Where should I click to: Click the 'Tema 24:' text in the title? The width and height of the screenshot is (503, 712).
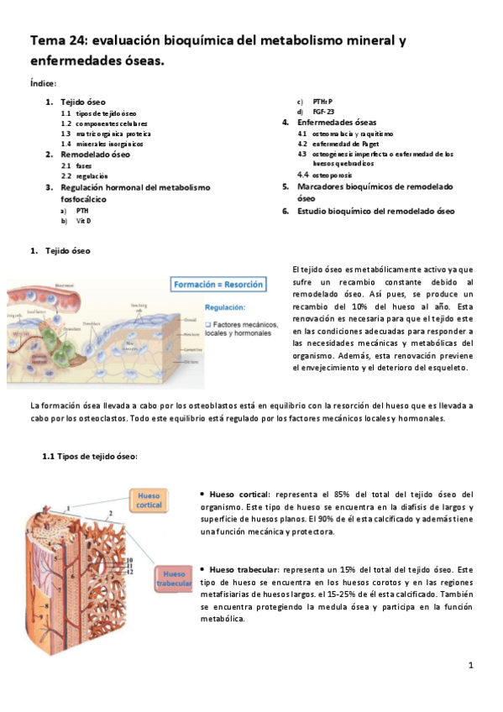tap(60, 42)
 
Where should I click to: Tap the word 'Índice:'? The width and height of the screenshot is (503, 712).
tap(43, 83)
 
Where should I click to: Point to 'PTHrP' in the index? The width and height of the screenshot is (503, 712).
tap(322, 102)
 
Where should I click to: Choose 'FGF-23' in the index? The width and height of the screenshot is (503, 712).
tap(323, 112)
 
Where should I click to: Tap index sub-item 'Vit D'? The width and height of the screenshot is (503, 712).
tap(82, 220)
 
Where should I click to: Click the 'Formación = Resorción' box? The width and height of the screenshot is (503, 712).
tap(217, 285)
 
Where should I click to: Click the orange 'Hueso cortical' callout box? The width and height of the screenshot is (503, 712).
tap(149, 500)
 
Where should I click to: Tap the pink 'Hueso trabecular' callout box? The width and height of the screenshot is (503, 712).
tap(176, 578)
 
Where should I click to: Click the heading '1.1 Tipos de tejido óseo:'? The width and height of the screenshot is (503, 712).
tap(90, 456)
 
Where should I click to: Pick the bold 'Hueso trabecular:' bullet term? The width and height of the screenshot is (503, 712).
tap(244, 569)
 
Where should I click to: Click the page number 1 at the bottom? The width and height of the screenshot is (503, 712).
tap(471, 665)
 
